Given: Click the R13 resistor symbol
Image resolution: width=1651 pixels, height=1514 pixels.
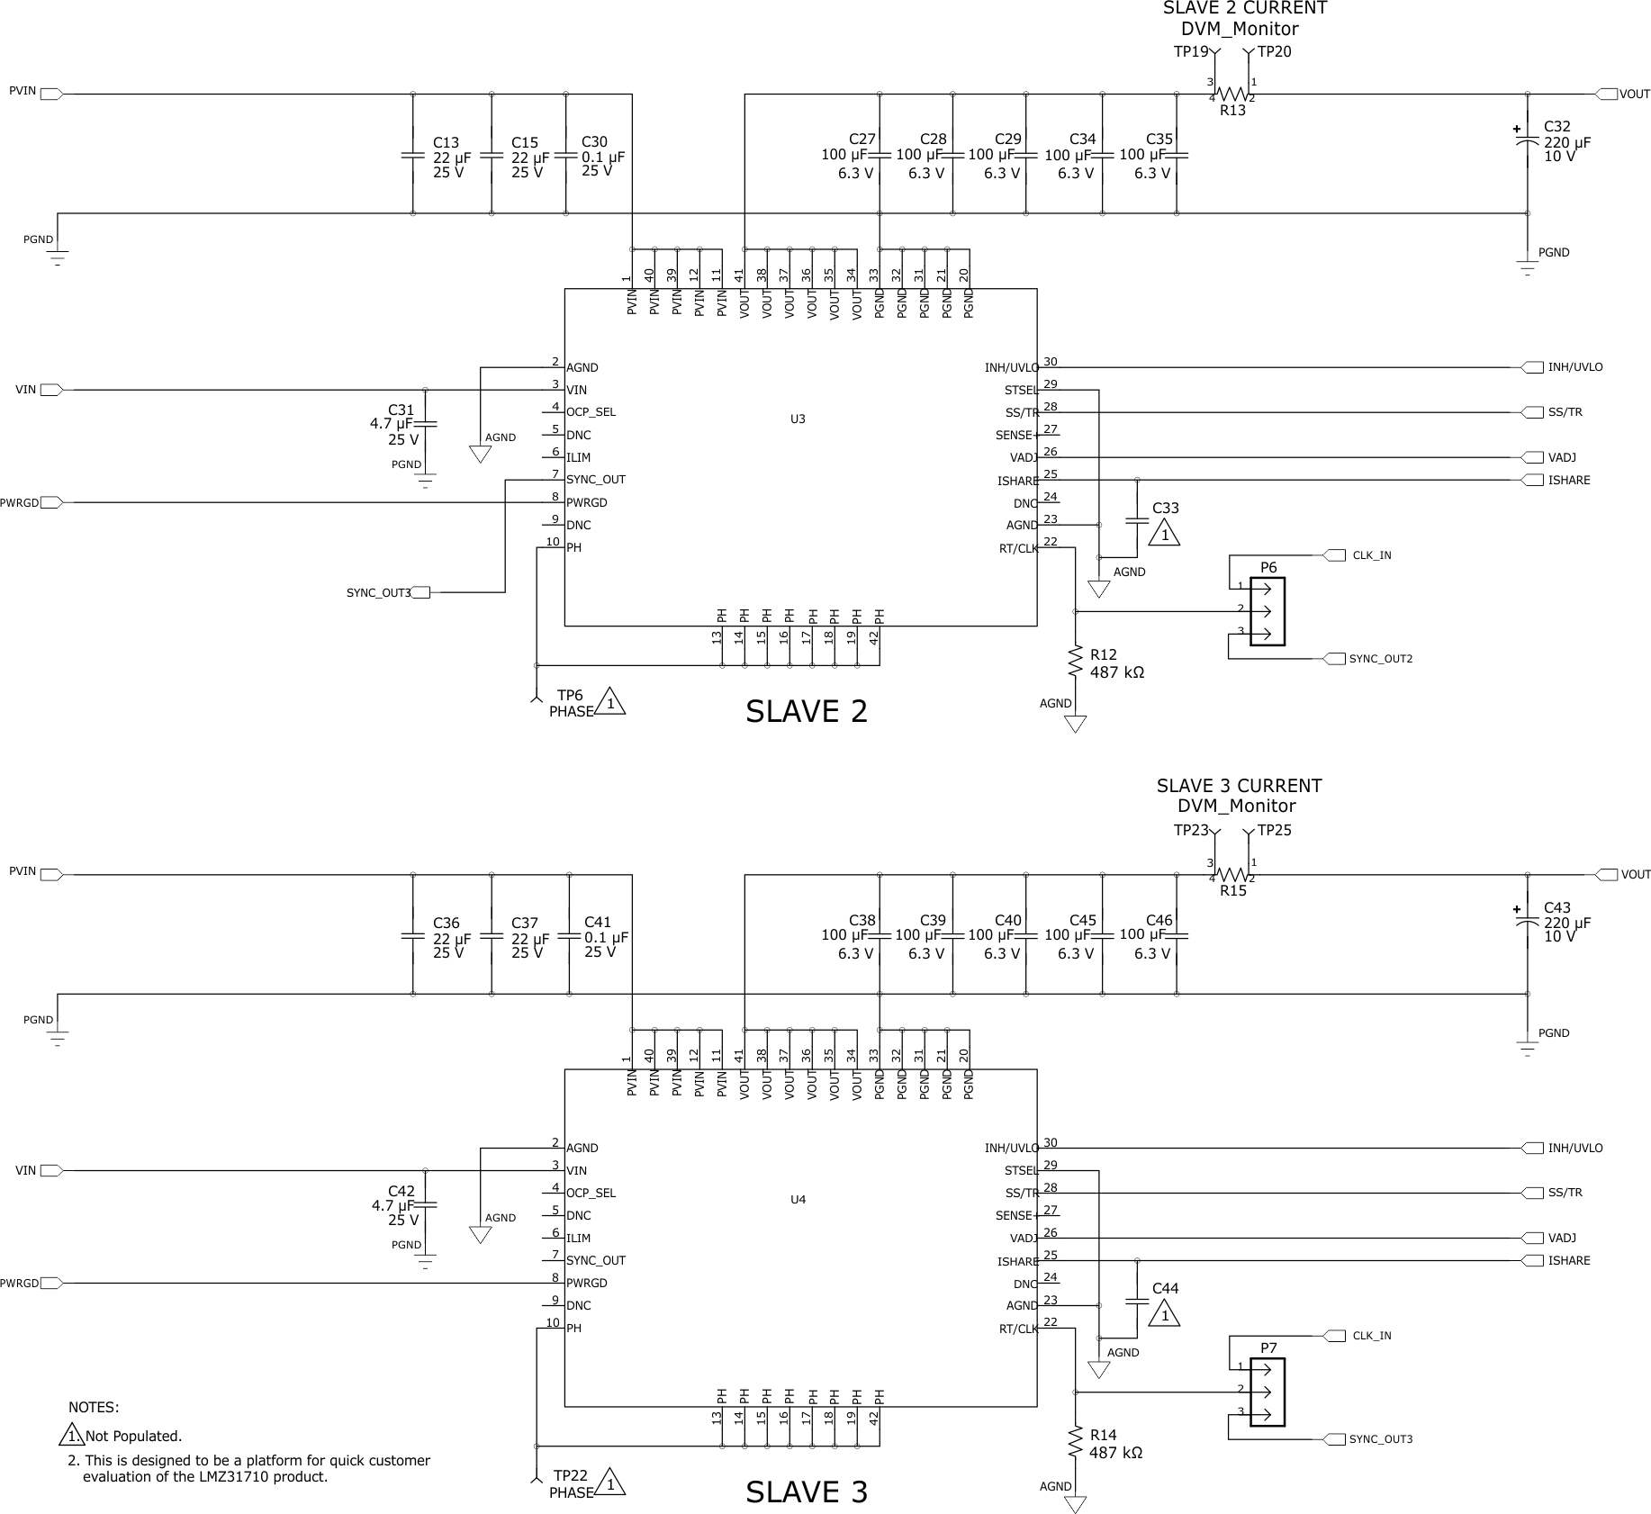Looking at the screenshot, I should coord(1231,94).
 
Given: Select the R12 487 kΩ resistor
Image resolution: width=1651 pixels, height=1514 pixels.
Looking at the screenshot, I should coord(1075,662).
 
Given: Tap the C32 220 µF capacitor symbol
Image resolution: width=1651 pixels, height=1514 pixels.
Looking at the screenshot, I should coord(1527,141).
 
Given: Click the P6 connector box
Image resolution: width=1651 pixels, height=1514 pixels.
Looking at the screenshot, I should coord(1267,611).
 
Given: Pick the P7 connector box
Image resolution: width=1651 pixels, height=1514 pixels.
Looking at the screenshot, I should coord(1267,1392).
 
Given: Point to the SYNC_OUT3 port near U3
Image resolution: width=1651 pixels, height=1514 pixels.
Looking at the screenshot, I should coord(420,592).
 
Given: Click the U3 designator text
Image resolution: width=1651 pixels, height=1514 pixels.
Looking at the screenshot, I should coord(798,419).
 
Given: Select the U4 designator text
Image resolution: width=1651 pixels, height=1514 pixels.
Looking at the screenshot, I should coord(798,1199).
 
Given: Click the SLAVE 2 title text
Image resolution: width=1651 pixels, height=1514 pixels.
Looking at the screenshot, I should coord(806,712).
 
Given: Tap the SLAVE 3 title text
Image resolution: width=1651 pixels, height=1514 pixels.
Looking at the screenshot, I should coord(806,1492).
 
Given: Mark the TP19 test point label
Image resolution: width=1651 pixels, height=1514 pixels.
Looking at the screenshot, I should coord(1190,52).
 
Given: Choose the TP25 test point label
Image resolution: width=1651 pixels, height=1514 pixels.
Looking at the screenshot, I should coord(1274,831).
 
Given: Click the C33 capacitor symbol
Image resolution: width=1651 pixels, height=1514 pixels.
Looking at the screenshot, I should coord(1137,520).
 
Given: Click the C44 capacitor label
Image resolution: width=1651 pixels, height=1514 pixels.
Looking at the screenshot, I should coord(1165,1289).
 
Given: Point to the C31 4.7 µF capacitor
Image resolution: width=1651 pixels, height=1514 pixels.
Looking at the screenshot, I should coord(426,422).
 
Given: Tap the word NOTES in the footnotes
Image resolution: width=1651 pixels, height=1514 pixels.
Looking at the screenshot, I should coord(94,1408).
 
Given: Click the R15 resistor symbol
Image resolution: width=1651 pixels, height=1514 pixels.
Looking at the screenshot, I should coord(1231,874).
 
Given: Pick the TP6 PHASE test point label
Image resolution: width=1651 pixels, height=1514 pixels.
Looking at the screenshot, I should coord(571,703).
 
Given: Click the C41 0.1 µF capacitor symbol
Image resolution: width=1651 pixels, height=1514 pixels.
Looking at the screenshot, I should coord(569,936).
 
